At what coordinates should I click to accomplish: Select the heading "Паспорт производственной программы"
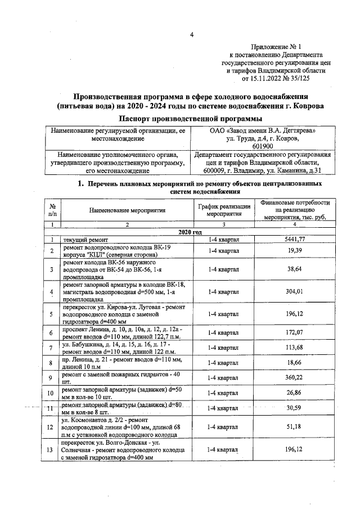click(191, 118)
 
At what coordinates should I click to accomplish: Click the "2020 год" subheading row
click(190, 232)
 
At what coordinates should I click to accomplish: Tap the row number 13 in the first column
click(52, 450)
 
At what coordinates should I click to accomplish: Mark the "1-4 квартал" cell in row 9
click(223, 377)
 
